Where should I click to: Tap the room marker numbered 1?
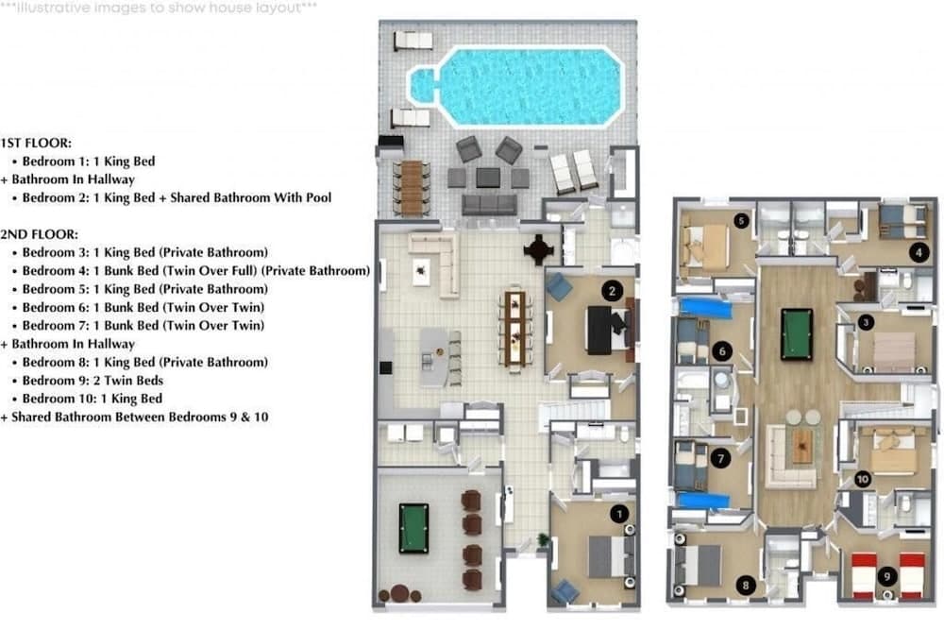click(619, 514)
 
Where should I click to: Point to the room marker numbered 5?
click(741, 221)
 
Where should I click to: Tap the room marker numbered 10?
click(862, 479)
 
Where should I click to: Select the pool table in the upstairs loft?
click(796, 333)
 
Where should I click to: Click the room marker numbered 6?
click(722, 351)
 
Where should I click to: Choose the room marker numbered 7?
click(722, 458)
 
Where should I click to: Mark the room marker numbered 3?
click(867, 323)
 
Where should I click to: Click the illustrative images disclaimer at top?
click(159, 7)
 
